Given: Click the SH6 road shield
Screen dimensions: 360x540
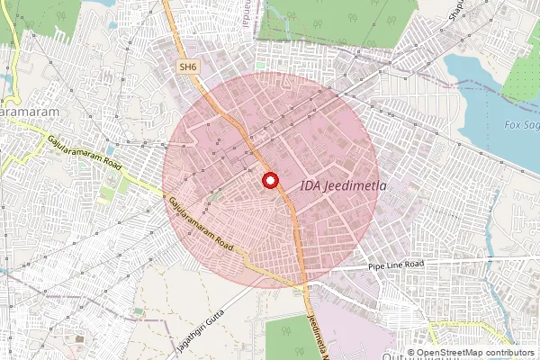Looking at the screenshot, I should click(187, 67).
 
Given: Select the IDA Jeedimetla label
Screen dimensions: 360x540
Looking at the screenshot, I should click(343, 186).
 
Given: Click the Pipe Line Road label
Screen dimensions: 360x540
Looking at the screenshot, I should click(395, 265).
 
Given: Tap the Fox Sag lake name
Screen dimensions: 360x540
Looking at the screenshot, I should click(521, 124).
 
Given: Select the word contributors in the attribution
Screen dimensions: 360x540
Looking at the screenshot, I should click(508, 353).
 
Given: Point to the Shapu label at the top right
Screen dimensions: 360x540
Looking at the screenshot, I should click(458, 9).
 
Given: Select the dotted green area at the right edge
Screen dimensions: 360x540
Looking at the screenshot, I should click(522, 72).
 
